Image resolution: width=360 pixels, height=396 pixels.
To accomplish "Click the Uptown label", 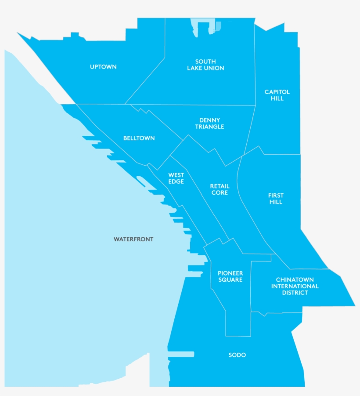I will tap(103, 67).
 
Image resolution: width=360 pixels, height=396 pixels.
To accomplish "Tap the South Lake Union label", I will tap(205, 65).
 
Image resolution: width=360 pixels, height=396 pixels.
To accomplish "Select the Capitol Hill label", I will tap(277, 95).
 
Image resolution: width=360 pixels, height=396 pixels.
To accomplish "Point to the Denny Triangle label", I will tap(209, 123).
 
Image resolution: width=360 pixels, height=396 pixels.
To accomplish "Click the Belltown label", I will tap(139, 138).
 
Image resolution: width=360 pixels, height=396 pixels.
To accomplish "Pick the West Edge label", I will tap(176, 178).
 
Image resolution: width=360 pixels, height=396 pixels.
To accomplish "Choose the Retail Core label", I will tap(220, 189).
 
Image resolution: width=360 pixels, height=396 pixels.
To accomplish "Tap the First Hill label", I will tap(276, 199).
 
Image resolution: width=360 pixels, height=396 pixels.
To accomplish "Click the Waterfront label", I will tap(133, 239).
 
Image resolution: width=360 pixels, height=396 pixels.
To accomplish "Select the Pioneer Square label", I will tap(230, 276).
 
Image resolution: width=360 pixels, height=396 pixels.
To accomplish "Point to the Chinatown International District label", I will tap(295, 286).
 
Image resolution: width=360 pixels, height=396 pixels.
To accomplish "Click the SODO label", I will tap(237, 355).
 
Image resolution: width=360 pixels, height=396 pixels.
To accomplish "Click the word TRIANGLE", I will tap(209, 127).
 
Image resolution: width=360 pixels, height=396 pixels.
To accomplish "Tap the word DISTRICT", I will tap(295, 293).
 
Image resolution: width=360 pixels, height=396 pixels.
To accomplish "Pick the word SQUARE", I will tap(230, 280).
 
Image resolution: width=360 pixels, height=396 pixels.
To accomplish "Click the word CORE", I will tap(220, 193).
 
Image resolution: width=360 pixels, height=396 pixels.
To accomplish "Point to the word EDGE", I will tap(176, 182).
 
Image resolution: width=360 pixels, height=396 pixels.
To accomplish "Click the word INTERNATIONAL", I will tap(295, 286).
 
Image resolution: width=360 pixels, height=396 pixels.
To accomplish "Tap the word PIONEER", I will tap(230, 273).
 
